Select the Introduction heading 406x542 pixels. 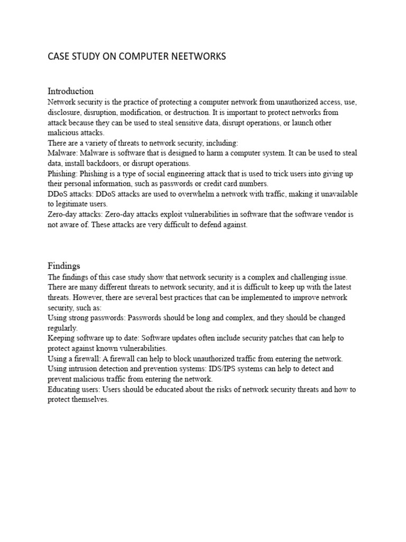(x=71, y=91)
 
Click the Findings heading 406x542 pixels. (x=64, y=266)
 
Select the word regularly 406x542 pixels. (x=62, y=328)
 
